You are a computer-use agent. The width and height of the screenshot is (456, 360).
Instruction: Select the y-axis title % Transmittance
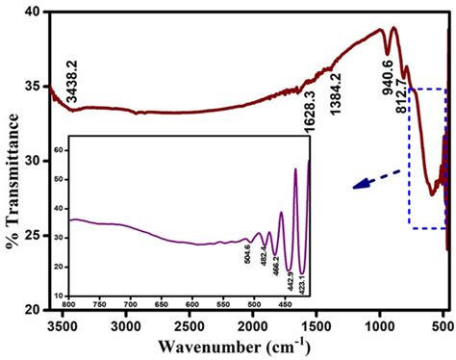pos(13,161)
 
